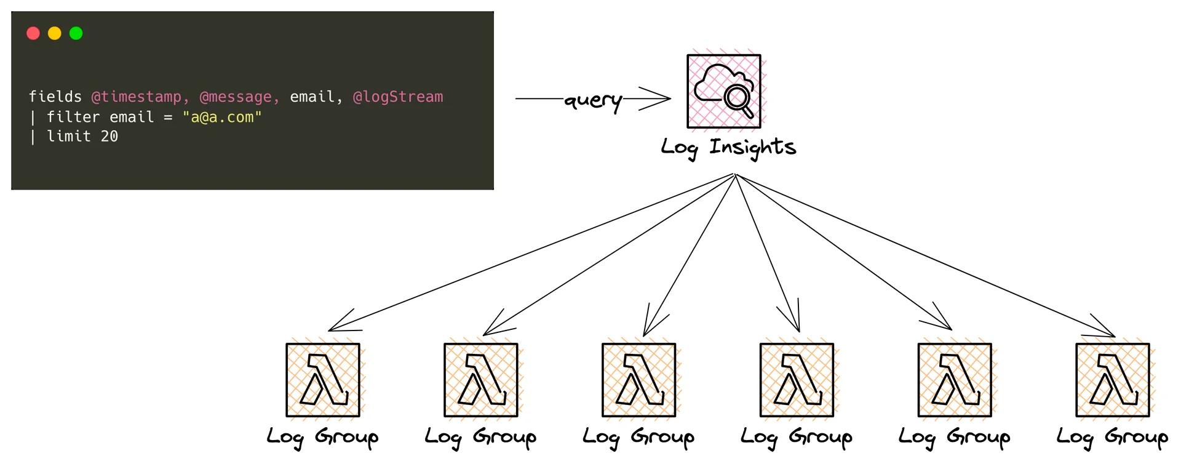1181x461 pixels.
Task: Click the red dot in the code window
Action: pyautogui.click(x=33, y=33)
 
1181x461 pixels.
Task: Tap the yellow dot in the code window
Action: pyautogui.click(x=55, y=33)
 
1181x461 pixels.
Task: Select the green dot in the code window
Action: pyautogui.click(x=76, y=33)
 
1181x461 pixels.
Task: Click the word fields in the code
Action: pyautogui.click(x=55, y=97)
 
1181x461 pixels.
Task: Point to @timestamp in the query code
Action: pyautogui.click(x=137, y=97)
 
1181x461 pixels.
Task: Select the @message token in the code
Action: pyautogui.click(x=236, y=97)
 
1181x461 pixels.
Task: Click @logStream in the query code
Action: pyautogui.click(x=397, y=97)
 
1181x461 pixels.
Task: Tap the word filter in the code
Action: pyautogui.click(x=73, y=117)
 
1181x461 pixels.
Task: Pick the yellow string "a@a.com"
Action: pyautogui.click(x=222, y=117)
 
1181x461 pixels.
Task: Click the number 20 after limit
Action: pyautogui.click(x=109, y=137)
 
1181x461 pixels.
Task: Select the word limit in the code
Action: pyautogui.click(x=69, y=137)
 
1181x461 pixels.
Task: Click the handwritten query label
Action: pyautogui.click(x=593, y=100)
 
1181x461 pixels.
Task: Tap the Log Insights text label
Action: pyautogui.click(x=728, y=148)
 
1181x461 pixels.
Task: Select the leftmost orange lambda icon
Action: pyautogui.click(x=323, y=380)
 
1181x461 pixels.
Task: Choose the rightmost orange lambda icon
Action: pyautogui.click(x=1112, y=380)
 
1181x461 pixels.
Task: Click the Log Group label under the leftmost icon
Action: pyautogui.click(x=323, y=437)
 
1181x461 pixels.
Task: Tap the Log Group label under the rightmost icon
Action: pyautogui.click(x=1112, y=437)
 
